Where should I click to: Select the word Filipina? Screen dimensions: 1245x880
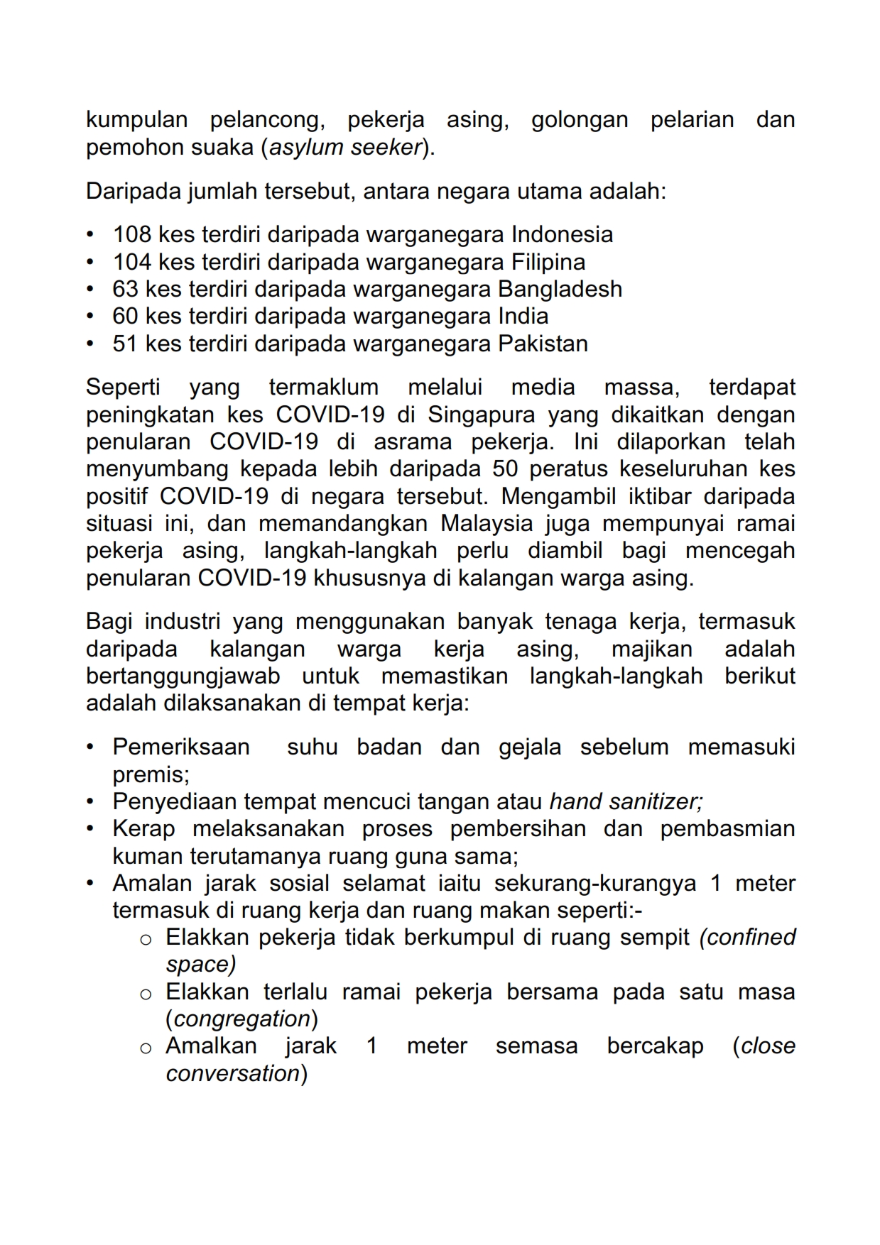point(548,262)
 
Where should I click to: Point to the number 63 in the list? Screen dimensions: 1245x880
point(125,289)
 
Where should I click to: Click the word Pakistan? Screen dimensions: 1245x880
point(543,344)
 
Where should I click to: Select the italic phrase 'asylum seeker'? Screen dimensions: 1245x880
point(346,148)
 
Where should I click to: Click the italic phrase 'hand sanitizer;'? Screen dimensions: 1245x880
point(626,801)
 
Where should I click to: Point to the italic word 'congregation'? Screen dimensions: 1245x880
point(242,1019)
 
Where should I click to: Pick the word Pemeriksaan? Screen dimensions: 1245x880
point(181,747)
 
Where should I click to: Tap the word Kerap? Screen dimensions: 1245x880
point(143,829)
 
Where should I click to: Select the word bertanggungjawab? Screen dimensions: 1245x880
point(183,676)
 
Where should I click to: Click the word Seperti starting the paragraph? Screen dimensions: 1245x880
point(123,388)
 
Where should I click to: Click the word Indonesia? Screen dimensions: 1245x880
point(562,234)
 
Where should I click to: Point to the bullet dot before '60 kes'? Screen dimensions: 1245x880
point(90,317)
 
